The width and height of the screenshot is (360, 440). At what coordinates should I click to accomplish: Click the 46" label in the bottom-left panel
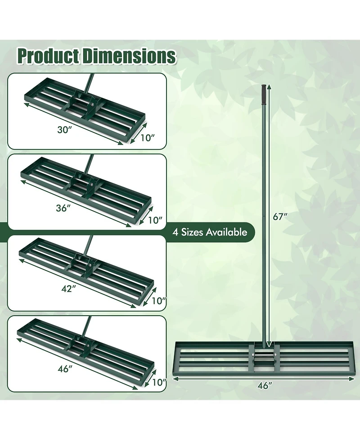click(x=65, y=369)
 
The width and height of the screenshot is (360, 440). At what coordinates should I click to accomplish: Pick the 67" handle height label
click(x=280, y=216)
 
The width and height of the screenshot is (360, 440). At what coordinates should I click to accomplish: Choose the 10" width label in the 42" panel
click(x=159, y=300)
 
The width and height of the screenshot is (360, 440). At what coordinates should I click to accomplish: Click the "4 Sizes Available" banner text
click(x=210, y=232)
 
